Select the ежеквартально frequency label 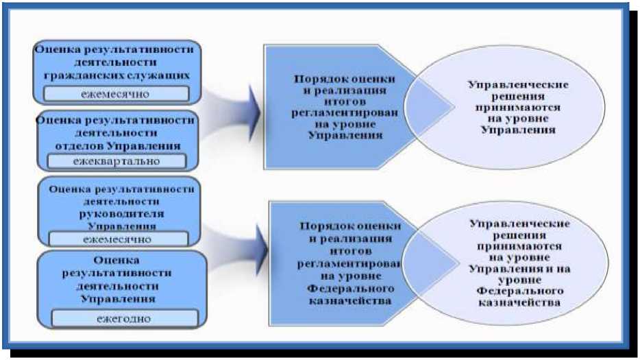[116, 161]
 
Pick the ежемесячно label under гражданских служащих [116, 93]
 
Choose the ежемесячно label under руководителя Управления [117, 239]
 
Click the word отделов [77, 145]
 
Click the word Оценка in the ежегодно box [117, 260]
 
